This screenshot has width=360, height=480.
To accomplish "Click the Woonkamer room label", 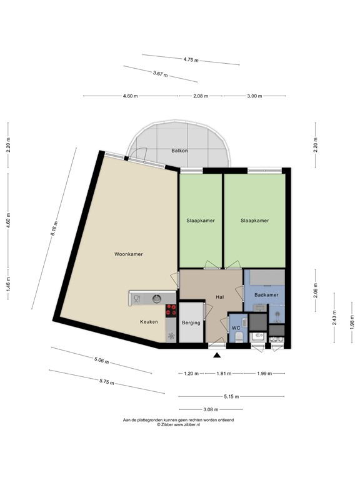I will click(x=128, y=254).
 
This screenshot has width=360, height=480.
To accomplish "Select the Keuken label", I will click(x=149, y=321).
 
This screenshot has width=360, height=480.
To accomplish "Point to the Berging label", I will click(x=191, y=323).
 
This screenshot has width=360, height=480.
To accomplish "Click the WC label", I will click(x=236, y=327).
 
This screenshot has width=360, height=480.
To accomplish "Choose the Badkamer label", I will click(x=266, y=294).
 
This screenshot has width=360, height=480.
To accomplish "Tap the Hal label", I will click(x=220, y=297).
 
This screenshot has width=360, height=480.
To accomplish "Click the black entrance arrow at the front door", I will click(x=217, y=355).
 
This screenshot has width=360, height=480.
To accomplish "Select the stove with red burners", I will click(x=171, y=310).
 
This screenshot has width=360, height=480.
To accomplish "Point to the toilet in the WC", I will click(x=240, y=337).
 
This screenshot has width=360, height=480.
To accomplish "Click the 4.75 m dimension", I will click(x=191, y=60).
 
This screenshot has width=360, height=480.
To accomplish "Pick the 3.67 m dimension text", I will click(x=161, y=74).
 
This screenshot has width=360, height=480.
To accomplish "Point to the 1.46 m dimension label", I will click(x=7, y=289).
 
